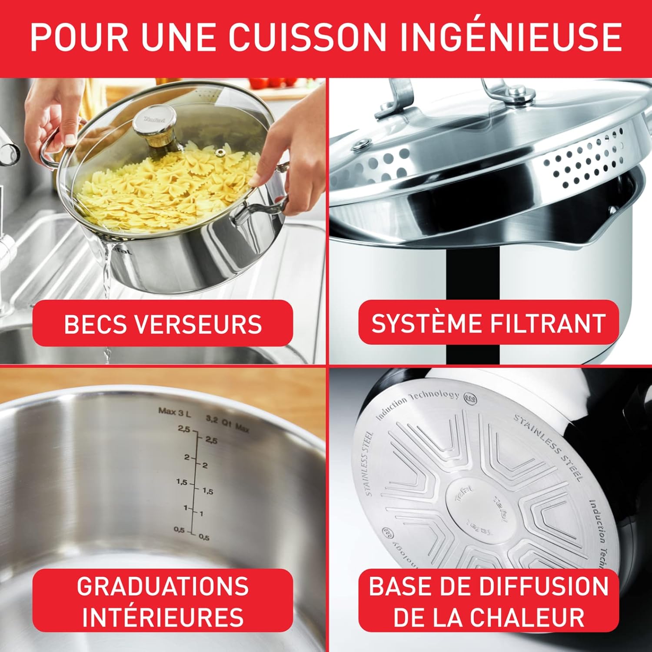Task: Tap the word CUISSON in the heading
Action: (307, 37)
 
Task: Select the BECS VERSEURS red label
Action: (163, 323)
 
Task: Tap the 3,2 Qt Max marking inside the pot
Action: (227, 423)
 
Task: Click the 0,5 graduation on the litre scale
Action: (180, 529)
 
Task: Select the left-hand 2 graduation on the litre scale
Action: (186, 457)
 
